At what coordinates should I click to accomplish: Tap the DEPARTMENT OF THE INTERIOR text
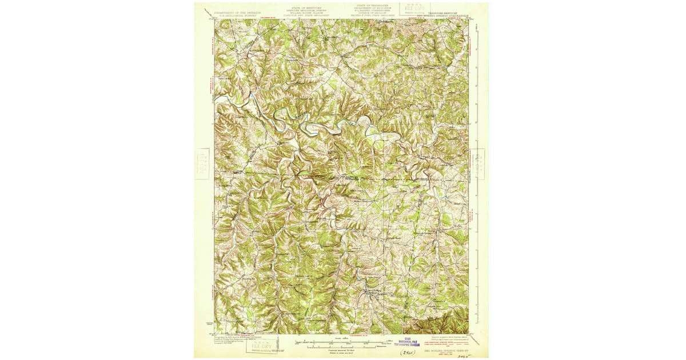click(235, 11)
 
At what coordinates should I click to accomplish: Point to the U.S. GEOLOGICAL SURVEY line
click(235, 14)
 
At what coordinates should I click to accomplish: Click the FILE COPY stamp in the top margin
click(413, 9)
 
